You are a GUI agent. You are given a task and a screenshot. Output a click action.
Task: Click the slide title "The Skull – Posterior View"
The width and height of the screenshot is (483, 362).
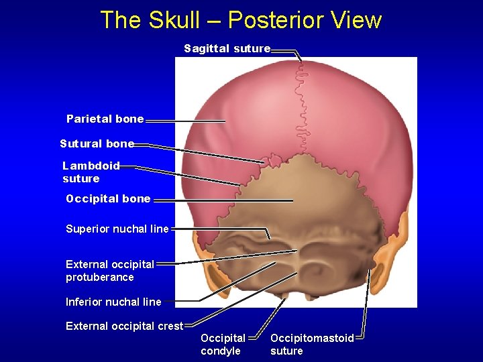(x=241, y=20)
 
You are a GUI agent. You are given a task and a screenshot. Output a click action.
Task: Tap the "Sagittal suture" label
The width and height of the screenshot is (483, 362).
(x=227, y=48)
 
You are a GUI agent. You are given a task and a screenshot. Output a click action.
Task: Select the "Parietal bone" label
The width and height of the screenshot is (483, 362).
(x=105, y=119)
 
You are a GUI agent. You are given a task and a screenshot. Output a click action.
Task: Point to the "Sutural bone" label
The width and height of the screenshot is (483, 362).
(x=97, y=143)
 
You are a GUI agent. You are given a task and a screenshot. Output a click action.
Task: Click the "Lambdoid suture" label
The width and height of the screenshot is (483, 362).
(x=91, y=172)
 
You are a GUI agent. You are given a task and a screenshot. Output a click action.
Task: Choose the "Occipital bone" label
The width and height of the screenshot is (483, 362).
(x=108, y=198)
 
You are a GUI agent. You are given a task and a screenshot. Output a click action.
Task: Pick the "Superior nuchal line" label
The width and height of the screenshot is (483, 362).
(x=117, y=229)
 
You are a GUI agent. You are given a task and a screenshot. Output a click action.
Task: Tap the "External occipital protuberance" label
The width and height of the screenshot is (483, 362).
(x=110, y=270)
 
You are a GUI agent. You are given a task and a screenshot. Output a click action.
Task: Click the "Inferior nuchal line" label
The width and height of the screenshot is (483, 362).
(x=113, y=302)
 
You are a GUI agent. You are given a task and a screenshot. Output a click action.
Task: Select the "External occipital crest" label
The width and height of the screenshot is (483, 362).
(x=124, y=326)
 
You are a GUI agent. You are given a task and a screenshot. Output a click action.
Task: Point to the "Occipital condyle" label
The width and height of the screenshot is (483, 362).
(x=223, y=345)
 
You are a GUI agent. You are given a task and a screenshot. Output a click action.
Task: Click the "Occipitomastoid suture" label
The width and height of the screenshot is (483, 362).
(x=312, y=345)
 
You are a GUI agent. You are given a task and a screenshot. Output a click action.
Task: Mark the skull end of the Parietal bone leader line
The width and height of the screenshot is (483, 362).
(x=225, y=121)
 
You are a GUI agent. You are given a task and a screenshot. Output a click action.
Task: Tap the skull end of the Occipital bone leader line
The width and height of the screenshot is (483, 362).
(x=292, y=200)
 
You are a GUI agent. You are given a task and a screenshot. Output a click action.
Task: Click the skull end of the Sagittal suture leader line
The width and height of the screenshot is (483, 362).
(x=301, y=62)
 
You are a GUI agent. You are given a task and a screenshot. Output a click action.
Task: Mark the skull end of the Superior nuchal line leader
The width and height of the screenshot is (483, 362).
(x=270, y=238)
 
